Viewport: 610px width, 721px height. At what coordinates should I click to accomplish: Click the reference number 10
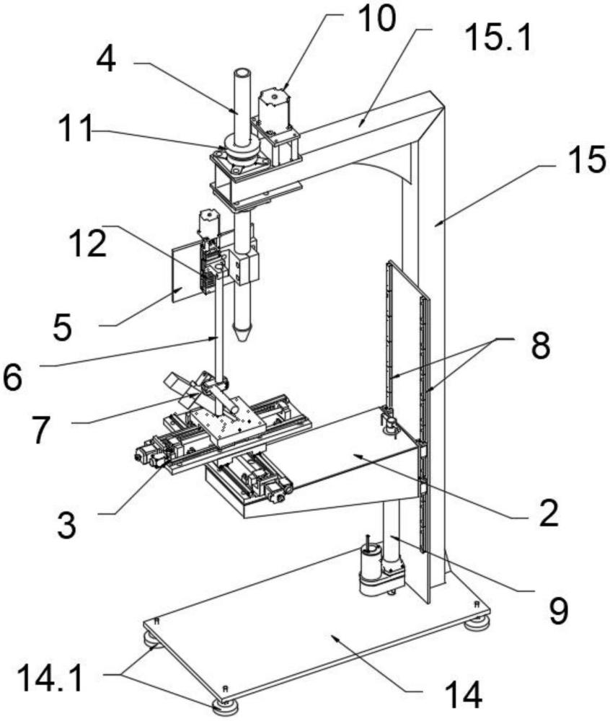point(376,19)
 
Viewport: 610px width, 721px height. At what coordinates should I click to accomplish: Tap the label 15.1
point(498,37)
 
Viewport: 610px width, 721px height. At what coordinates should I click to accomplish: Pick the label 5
point(62,327)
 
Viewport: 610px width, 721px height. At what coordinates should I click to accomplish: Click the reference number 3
point(66,525)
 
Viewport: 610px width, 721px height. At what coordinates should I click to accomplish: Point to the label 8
point(541,345)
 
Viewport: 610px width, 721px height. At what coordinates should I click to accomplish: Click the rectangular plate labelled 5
point(186,273)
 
